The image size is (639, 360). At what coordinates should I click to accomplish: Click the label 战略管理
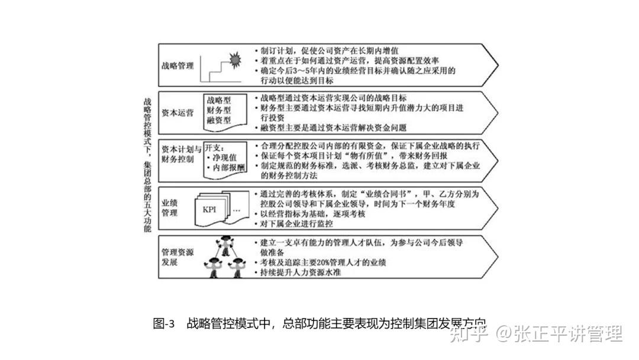pos(177,66)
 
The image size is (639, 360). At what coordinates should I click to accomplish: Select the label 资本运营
pos(177,113)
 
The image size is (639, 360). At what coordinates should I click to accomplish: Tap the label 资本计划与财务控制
pos(182,154)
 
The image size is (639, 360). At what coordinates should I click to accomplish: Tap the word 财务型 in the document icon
pos(220,110)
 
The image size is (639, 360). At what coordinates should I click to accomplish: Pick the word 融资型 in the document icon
pos(220,121)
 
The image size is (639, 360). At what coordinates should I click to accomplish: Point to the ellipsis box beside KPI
pos(237,210)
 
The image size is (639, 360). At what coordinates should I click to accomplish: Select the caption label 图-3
pos(163,324)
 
